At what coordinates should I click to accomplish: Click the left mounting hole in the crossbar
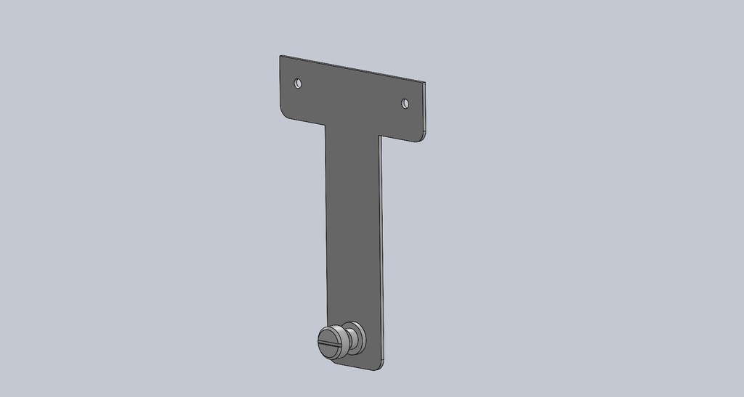pos(297,83)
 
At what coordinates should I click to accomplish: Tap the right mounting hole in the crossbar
pos(405,104)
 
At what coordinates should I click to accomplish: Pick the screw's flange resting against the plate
pos(356,335)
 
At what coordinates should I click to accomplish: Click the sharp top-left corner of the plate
pos(280,56)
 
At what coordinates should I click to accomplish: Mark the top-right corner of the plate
pos(425,83)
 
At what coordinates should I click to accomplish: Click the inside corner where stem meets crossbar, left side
pos(324,124)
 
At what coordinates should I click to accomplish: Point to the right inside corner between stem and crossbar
pos(381,136)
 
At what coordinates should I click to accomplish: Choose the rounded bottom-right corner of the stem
pos(381,367)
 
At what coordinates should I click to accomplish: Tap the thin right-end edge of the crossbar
pos(424,109)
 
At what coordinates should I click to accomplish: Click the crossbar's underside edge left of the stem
pos(304,120)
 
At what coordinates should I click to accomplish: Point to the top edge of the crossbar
pos(352,69)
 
